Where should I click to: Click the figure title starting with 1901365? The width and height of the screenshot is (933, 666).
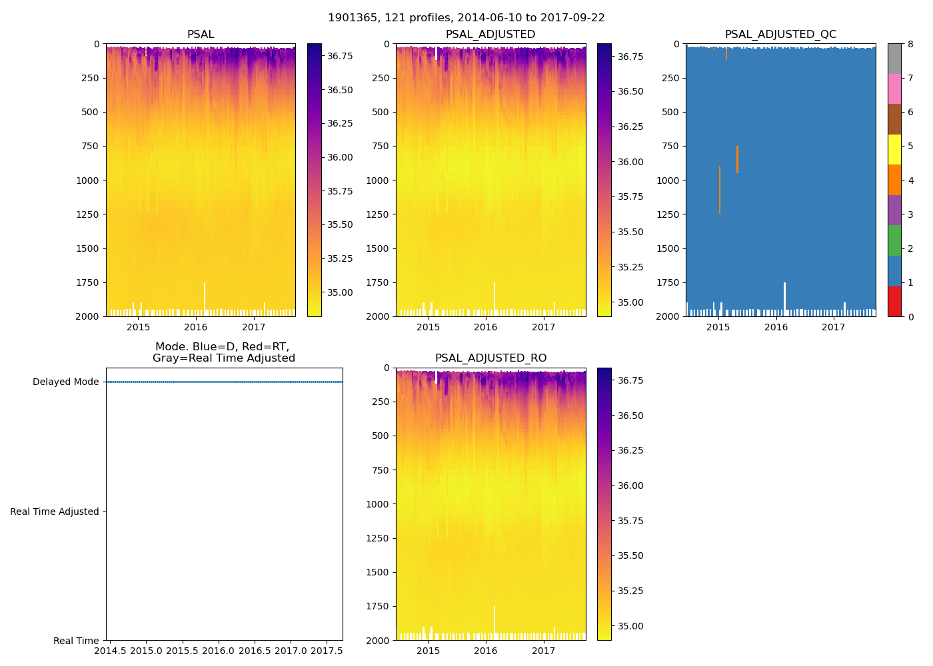pyautogui.click(x=466, y=18)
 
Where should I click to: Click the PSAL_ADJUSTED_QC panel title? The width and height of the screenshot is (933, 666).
pyautogui.click(x=780, y=35)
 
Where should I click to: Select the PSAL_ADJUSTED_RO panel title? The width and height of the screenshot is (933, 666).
pyautogui.click(x=490, y=358)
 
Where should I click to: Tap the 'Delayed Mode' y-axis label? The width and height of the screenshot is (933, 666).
pyautogui.click(x=65, y=382)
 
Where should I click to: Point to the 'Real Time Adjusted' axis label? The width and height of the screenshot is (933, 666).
pyautogui.click(x=55, y=511)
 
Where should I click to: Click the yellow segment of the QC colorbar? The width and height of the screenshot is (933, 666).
pyautogui.click(x=894, y=150)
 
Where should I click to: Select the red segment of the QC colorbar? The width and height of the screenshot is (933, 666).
pyautogui.click(x=894, y=301)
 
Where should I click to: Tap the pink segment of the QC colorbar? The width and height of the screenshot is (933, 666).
pyautogui.click(x=894, y=89)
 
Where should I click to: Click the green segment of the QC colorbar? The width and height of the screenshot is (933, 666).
pyautogui.click(x=894, y=240)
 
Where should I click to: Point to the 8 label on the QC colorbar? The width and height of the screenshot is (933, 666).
pyautogui.click(x=910, y=45)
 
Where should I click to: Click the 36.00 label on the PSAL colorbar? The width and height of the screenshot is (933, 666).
pyautogui.click(x=340, y=157)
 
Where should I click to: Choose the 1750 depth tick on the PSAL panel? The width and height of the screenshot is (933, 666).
pyautogui.click(x=87, y=282)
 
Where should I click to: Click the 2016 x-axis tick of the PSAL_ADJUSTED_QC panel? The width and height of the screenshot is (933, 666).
pyautogui.click(x=776, y=327)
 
